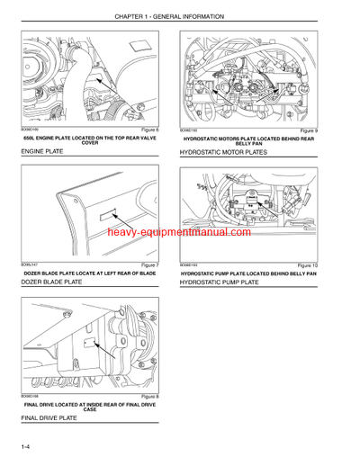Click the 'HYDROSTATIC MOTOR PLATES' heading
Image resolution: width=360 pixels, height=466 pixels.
(227, 154)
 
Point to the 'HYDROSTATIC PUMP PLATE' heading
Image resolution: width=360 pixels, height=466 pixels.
(220, 282)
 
